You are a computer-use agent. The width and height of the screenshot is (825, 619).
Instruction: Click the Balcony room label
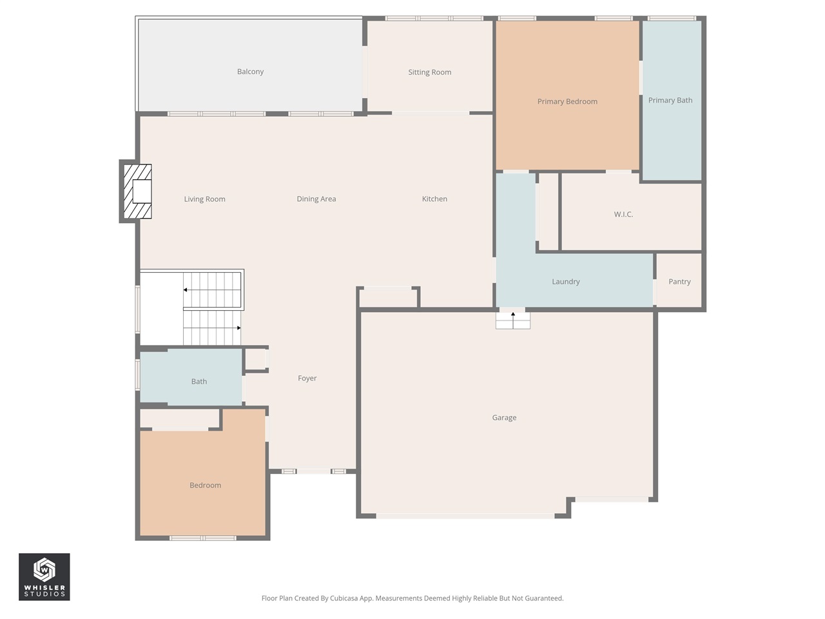[x=250, y=72]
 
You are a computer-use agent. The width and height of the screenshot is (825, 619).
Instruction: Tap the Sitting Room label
[x=429, y=72]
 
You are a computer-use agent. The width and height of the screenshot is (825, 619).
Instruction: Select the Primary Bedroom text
[x=567, y=101]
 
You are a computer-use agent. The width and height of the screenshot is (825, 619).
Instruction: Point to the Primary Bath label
[x=670, y=100]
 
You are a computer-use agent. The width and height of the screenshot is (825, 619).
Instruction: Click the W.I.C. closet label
[x=623, y=214]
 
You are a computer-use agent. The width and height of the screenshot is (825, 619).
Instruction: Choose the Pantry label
[x=679, y=282]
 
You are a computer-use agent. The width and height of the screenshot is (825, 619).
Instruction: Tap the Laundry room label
[x=565, y=282]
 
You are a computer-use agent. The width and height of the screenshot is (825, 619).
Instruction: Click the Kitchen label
[x=434, y=199]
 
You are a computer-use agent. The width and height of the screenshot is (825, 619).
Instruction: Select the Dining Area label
[x=316, y=199]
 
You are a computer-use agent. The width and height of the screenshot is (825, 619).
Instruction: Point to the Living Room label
[x=204, y=199]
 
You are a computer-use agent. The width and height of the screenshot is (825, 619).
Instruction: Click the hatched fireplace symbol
[x=137, y=192]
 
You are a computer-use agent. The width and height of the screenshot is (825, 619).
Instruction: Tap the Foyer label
[x=307, y=378]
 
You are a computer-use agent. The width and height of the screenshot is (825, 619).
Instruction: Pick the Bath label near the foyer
[x=199, y=382]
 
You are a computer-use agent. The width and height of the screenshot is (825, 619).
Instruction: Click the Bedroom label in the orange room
[x=205, y=486]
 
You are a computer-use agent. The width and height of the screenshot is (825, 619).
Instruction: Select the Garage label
[x=504, y=418]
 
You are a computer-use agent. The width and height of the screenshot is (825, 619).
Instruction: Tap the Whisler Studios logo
[x=44, y=577]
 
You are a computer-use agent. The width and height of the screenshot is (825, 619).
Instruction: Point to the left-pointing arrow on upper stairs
[x=186, y=290]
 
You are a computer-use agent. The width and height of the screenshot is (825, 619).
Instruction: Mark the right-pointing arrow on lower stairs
[x=238, y=328]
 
